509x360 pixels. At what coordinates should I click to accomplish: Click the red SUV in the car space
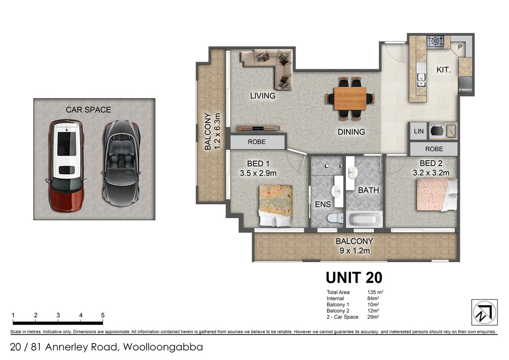click(x=66, y=166)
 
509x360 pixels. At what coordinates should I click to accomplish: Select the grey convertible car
click(x=121, y=163)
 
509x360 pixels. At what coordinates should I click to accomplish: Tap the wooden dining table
click(x=350, y=98)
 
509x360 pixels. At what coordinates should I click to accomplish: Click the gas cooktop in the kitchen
click(x=435, y=42)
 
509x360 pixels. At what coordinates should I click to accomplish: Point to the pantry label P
click(x=460, y=47)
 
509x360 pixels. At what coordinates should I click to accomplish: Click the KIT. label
click(x=443, y=70)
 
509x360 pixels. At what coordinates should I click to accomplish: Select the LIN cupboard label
click(x=419, y=131)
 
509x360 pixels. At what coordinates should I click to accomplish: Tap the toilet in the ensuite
click(x=336, y=217)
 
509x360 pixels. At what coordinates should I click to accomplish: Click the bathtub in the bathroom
click(x=364, y=219)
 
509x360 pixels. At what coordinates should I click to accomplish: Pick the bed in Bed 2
click(x=437, y=194)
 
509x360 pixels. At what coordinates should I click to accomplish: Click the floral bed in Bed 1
click(x=276, y=205)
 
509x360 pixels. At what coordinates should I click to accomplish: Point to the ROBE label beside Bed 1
click(x=256, y=142)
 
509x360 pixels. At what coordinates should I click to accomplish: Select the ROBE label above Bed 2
click(x=434, y=149)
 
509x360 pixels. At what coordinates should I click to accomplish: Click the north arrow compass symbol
click(x=484, y=312)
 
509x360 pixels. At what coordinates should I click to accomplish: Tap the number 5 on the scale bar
click(x=103, y=315)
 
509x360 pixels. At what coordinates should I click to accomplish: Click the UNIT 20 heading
click(x=354, y=278)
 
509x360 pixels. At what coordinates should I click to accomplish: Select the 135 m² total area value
click(x=375, y=292)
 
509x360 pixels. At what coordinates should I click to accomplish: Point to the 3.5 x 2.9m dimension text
click(x=258, y=174)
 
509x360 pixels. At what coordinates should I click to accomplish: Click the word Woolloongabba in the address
click(x=163, y=347)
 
